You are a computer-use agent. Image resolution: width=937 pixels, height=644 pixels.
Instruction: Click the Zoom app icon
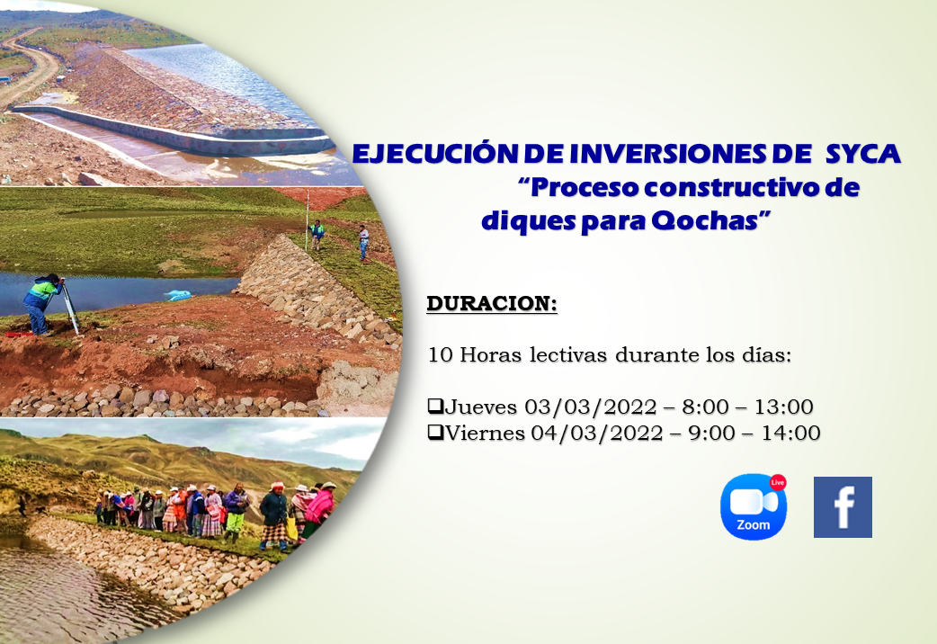click(x=753, y=507)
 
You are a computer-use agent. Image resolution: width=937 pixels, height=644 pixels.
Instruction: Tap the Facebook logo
click(x=843, y=507)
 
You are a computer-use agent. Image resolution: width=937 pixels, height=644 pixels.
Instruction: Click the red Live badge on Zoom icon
click(x=778, y=482)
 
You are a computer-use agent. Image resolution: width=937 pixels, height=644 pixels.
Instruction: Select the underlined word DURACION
click(x=491, y=303)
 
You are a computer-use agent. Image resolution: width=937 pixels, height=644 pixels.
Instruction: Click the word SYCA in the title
click(x=863, y=154)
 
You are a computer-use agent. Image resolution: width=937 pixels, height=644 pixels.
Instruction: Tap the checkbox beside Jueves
click(x=435, y=406)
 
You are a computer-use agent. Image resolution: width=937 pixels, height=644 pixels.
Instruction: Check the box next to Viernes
click(x=435, y=432)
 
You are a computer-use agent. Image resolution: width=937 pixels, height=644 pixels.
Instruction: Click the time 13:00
click(x=783, y=407)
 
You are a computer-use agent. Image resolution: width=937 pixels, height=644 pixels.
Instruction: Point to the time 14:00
click(x=790, y=433)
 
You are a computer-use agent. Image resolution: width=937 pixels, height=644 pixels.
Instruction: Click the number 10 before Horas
click(x=441, y=355)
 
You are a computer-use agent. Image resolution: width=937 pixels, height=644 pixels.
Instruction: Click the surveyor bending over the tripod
click(x=42, y=304)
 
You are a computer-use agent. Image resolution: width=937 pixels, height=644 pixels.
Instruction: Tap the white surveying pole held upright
click(x=308, y=220)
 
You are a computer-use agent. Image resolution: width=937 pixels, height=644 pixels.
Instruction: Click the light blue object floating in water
click(x=178, y=295)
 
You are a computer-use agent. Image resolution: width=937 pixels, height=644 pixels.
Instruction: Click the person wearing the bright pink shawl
click(x=320, y=508)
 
